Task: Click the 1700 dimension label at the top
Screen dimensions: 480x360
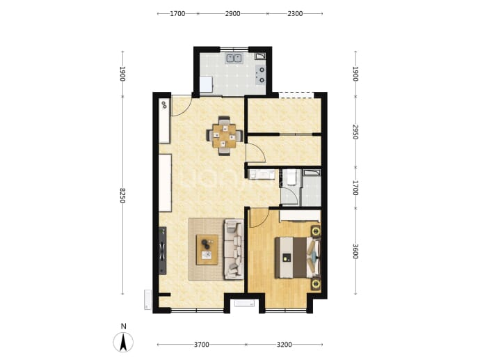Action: pos(177,13)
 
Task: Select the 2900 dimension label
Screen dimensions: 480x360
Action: pos(232,13)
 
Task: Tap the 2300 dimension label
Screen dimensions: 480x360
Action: pos(295,13)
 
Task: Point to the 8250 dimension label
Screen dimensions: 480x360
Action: pos(122,196)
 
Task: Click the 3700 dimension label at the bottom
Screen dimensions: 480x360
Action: pos(202,345)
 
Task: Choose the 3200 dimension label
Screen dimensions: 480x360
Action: pos(284,345)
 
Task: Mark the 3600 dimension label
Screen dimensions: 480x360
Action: pos(355,251)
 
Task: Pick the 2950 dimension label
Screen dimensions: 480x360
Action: pos(355,132)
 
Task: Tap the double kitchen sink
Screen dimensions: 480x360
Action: pos(234,58)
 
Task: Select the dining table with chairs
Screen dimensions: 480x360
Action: pos(225,136)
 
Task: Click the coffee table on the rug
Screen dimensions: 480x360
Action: pos(207,249)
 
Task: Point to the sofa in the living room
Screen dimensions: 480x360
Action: pos(234,249)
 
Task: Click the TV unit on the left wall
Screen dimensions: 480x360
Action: pos(163,251)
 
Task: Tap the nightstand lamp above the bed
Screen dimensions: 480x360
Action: pos(316,230)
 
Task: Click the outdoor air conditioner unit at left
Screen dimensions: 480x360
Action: pos(147,299)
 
